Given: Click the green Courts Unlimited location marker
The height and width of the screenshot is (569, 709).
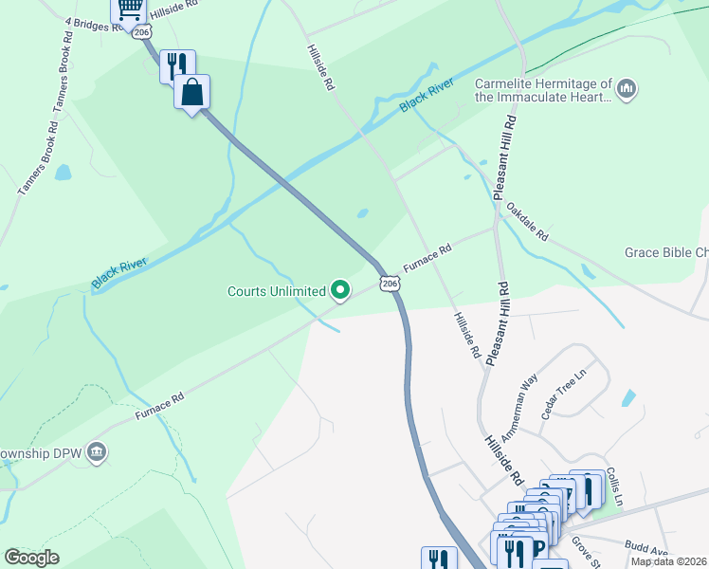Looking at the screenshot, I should click(x=340, y=290).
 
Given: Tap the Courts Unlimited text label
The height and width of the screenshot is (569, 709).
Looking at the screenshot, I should click(x=276, y=291).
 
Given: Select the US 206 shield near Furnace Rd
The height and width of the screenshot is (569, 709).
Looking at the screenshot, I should click(x=389, y=284).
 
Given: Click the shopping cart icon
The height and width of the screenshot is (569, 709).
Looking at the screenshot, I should click(x=128, y=9).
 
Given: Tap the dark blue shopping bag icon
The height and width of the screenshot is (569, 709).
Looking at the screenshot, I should click(x=191, y=92).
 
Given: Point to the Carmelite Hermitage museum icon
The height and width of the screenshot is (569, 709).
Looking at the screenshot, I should click(x=626, y=90).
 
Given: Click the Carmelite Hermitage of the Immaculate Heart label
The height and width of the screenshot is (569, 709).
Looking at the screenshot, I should click(x=543, y=90).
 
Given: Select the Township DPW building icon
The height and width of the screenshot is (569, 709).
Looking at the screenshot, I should click(x=97, y=452).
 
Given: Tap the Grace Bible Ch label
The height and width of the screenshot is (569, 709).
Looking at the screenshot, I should click(x=665, y=253).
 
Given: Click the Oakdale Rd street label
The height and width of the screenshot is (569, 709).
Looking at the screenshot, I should click(x=527, y=221).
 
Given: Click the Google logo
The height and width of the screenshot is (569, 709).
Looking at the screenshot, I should click(x=31, y=557).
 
